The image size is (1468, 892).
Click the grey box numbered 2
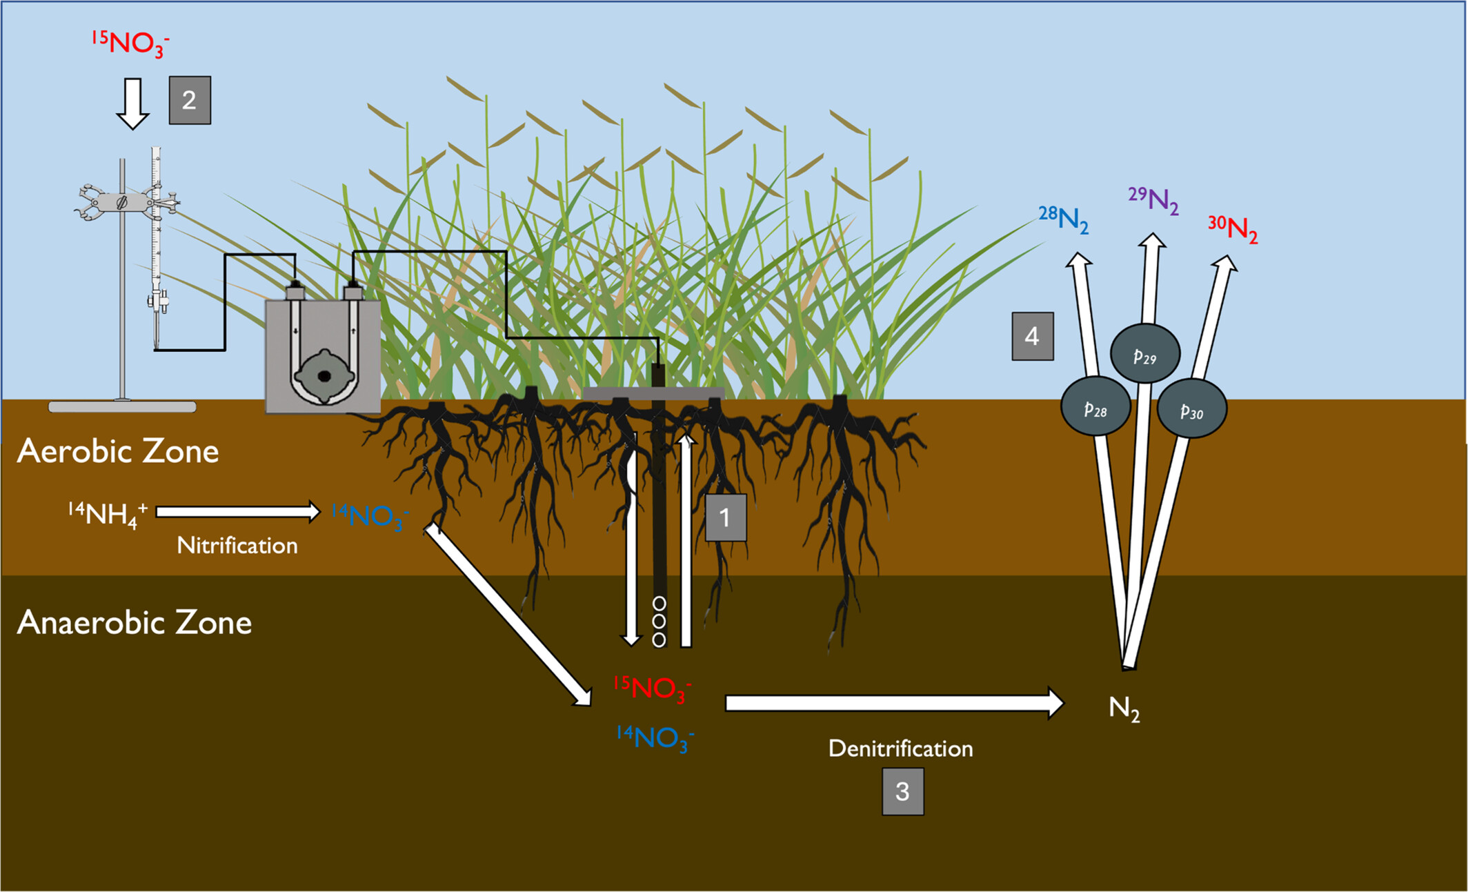point(190,101)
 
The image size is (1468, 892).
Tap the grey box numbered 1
point(726,517)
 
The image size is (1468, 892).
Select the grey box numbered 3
point(902,792)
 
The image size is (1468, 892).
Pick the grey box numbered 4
point(1033,337)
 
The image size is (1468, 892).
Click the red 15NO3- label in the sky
point(130,43)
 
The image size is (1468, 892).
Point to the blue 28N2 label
point(1064,220)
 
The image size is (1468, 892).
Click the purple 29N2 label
point(1153,201)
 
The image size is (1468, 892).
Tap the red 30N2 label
point(1233,229)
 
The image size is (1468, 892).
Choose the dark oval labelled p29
point(1145,354)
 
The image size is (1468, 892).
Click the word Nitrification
point(237,546)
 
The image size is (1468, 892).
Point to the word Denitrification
point(900,749)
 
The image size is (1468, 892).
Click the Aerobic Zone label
point(118,452)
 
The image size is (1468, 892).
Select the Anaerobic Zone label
point(135,623)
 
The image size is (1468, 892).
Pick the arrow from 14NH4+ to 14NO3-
point(238,512)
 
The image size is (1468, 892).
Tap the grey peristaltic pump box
point(323,357)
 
